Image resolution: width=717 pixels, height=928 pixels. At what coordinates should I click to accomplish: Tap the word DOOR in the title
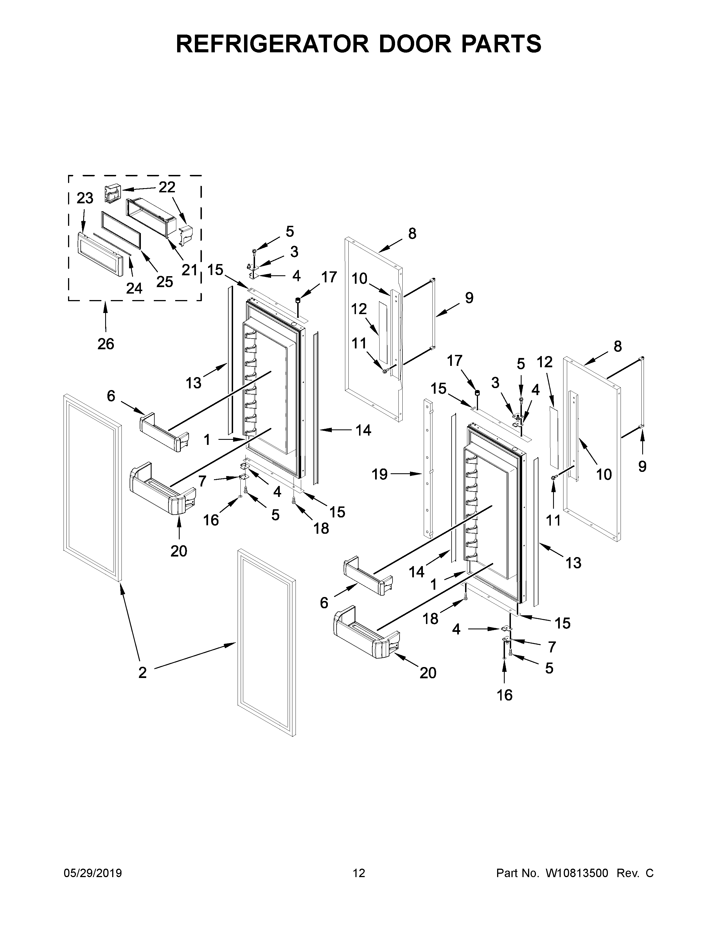coord(414,44)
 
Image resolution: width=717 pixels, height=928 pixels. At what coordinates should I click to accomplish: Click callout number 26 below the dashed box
coord(106,343)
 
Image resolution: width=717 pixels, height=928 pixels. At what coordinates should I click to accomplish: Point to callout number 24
coord(134,288)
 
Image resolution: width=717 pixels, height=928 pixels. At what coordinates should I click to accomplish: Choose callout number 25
coord(165,281)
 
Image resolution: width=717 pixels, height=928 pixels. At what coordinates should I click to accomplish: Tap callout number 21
coord(190,269)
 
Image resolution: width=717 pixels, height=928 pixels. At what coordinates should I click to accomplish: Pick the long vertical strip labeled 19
coord(427,467)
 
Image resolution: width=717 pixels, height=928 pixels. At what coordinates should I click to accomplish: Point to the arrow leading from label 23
coord(83,221)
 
